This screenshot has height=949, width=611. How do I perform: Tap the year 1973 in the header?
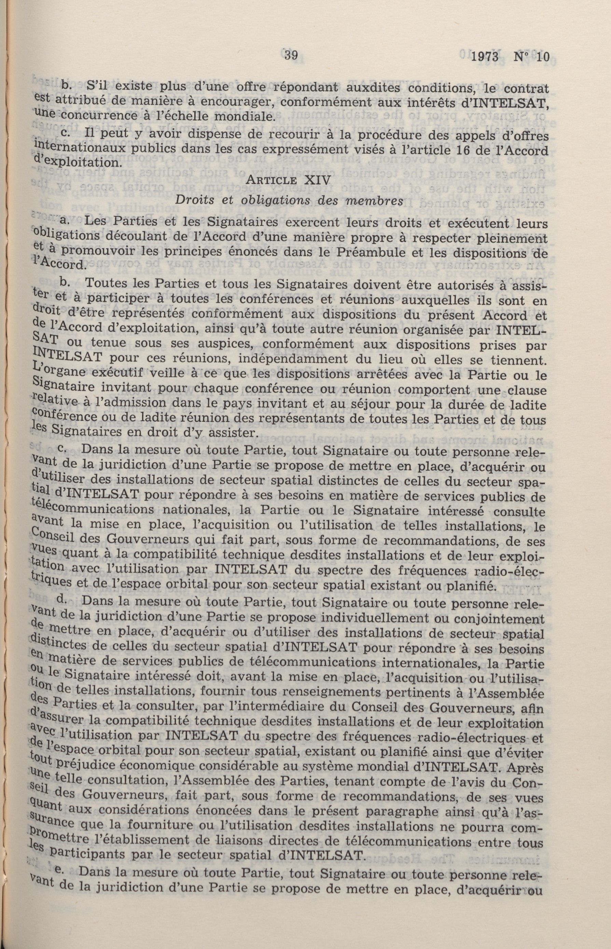[x=485, y=57]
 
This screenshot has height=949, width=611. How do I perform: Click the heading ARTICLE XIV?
[x=288, y=181]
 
